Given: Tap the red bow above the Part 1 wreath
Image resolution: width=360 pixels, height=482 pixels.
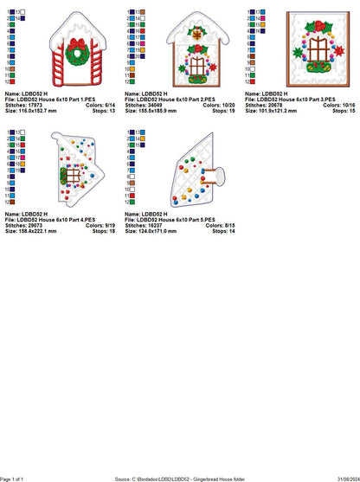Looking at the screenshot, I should pyautogui.click(x=75, y=40).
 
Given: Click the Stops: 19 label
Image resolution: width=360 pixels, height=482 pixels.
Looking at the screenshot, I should pyautogui.click(x=221, y=112).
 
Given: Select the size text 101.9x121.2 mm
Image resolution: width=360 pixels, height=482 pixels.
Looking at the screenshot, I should pyautogui.click(x=273, y=112).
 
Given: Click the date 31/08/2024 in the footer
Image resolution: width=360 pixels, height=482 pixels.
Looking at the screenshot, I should pyautogui.click(x=344, y=478).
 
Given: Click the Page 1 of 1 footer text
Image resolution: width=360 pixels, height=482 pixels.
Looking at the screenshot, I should pyautogui.click(x=16, y=478).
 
